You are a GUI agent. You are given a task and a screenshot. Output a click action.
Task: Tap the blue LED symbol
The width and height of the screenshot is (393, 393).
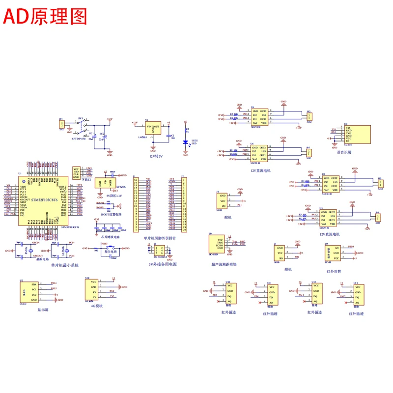click(185, 142)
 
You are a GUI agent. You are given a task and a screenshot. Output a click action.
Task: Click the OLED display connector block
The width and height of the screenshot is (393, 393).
click(30, 293)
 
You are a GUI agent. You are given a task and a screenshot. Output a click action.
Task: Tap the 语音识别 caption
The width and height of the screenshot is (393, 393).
click(344, 152)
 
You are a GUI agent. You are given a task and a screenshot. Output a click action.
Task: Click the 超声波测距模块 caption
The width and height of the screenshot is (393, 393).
click(224, 264)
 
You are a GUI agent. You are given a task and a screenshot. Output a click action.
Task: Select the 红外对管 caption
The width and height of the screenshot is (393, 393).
click(333, 270)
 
